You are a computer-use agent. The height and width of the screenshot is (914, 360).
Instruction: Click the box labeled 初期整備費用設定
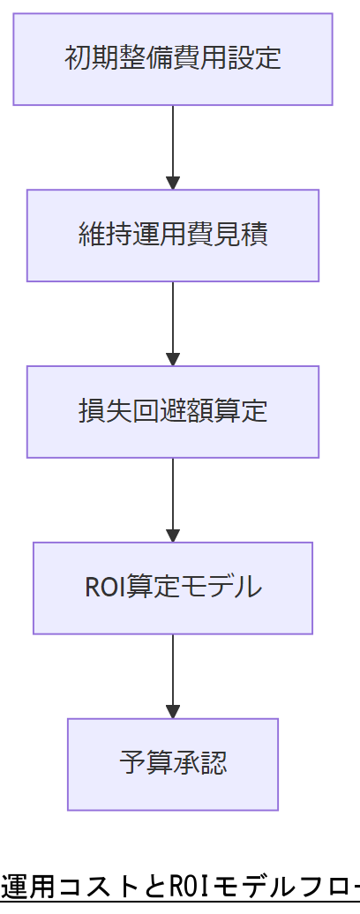173,59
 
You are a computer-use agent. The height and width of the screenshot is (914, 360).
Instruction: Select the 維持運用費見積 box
173,236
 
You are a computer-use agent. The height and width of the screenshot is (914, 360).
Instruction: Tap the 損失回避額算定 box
173,412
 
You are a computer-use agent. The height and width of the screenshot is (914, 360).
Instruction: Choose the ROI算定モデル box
173,588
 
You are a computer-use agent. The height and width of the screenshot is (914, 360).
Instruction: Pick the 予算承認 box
173,764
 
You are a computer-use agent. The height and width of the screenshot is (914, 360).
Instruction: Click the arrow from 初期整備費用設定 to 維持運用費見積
173,146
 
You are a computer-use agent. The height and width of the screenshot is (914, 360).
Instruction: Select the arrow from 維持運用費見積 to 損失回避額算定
173,323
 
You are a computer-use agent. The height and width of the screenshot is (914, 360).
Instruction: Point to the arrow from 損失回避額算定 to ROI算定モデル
173,499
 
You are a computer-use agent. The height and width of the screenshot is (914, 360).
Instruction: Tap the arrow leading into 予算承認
173,676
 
